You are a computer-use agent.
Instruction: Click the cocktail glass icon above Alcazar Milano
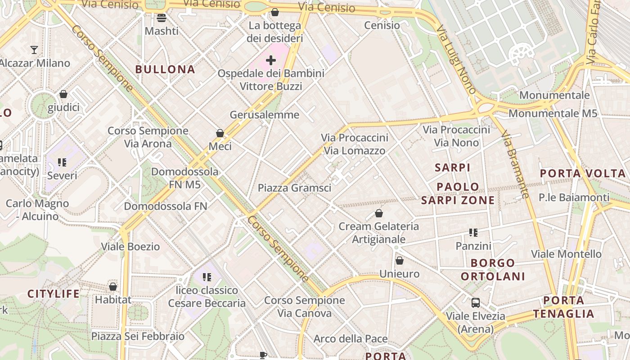coord(34,49)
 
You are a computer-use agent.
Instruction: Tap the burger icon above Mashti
coord(162,18)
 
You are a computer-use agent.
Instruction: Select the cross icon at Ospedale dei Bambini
coord(271,60)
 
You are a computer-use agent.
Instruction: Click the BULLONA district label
coord(165,69)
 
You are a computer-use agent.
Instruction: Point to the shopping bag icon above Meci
coord(220,133)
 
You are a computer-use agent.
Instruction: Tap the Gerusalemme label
coord(264,115)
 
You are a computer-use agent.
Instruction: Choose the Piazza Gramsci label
coord(294,188)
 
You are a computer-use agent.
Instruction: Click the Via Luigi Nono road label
coord(456,59)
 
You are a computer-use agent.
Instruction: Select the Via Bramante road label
coord(515,165)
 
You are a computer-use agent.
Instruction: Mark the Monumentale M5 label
coord(553,113)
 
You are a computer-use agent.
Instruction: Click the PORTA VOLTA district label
coord(582,173)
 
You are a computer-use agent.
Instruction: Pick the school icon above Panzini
coord(473,233)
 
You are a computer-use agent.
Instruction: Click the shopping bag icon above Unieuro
coord(399,261)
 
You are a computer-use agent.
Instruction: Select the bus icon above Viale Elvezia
coord(475,302)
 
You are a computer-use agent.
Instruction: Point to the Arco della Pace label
coord(350,339)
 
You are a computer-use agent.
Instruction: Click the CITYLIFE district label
coord(53,294)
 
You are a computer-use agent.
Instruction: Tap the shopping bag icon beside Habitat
coord(113,287)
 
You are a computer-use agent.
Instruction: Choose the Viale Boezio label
coord(130,247)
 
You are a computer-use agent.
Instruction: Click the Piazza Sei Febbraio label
coord(138,336)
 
